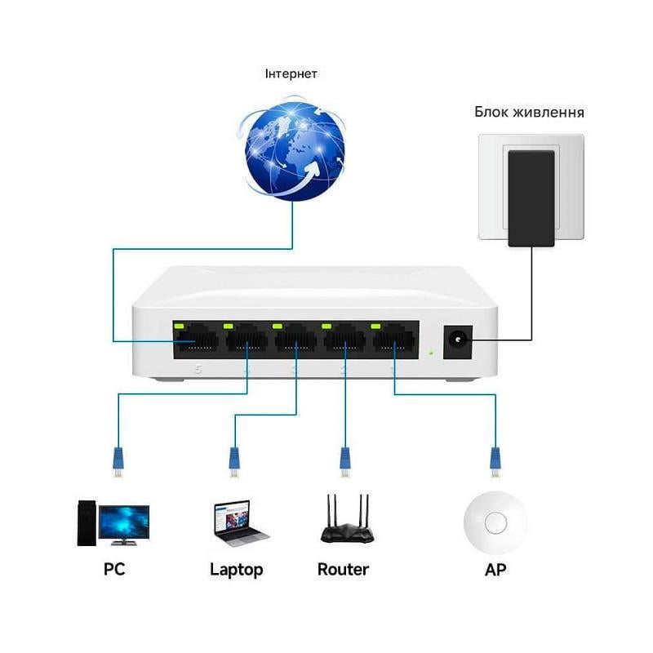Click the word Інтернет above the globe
pos(291,74)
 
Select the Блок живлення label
pos(529,112)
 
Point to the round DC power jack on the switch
pos(457,340)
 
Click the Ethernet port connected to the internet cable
pos(195,340)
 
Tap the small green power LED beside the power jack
pos(430,353)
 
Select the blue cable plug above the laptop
pos(234,461)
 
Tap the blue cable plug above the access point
pos(494,461)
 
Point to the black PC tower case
pos(87,522)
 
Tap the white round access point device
pos(495,520)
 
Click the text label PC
pos(114,569)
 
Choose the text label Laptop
pos(237,570)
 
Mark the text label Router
pos(343,569)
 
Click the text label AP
pos(495,569)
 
